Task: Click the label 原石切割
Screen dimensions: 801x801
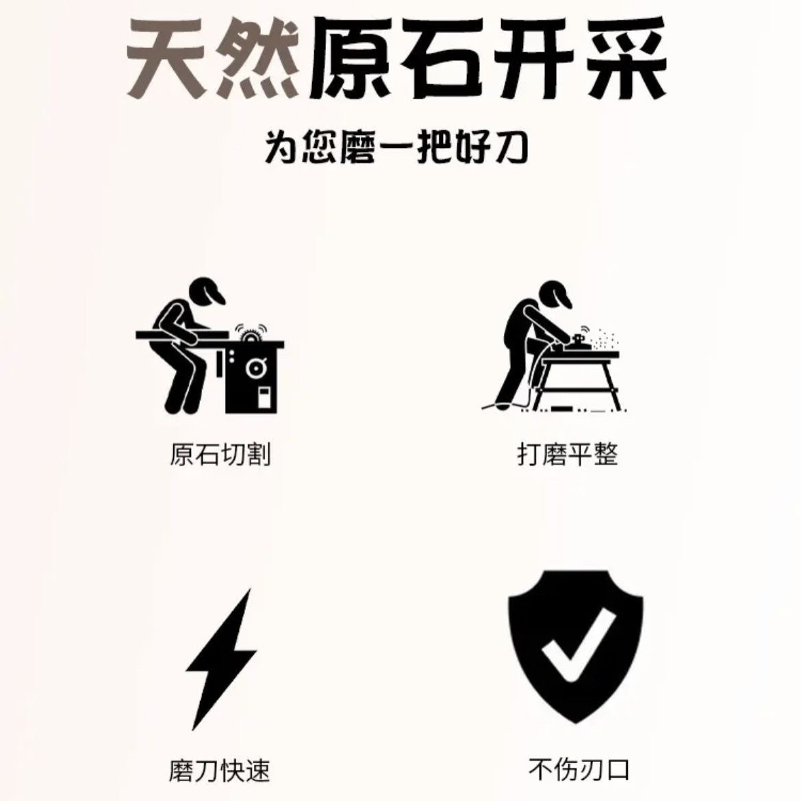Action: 220,455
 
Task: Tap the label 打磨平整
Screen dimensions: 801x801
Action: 568,455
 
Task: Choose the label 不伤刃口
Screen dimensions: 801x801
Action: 579,770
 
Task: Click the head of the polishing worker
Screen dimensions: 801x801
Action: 555,294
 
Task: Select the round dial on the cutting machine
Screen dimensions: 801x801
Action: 255,368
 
